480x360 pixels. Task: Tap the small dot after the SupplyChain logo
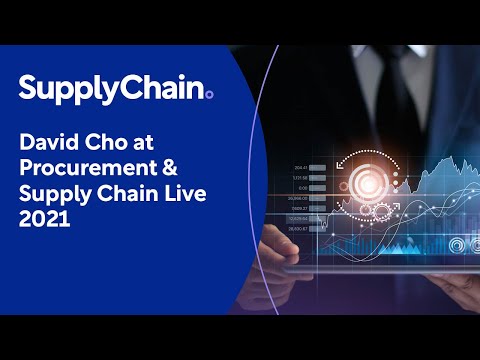208,94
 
